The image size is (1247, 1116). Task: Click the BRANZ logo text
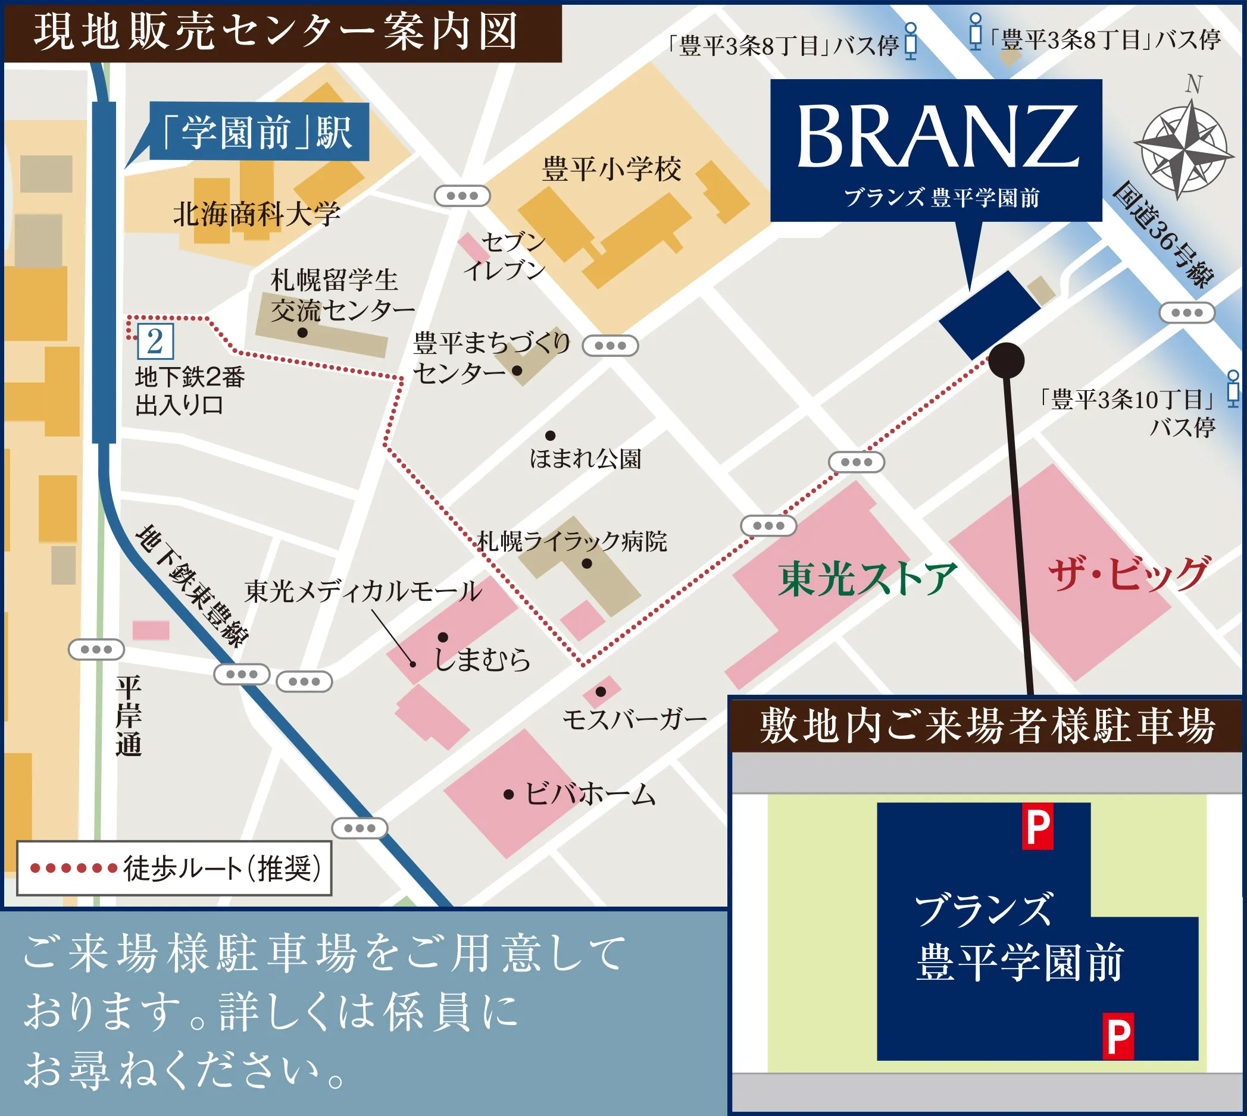[x=937, y=136]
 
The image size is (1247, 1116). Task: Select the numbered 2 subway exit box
[x=155, y=341]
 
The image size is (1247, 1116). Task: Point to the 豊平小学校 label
[x=611, y=169]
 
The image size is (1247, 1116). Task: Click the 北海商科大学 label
[x=257, y=215]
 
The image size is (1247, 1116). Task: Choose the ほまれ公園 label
[x=585, y=459]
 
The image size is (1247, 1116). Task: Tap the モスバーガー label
[x=635, y=719]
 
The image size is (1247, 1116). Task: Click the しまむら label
[x=482, y=659]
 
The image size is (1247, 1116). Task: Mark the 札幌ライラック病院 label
[x=571, y=541]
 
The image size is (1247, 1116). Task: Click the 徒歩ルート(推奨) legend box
[x=174, y=868]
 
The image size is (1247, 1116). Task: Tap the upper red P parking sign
[x=1037, y=826]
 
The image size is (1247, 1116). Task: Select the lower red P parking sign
[x=1118, y=1036]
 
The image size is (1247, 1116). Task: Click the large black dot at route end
[x=1006, y=360]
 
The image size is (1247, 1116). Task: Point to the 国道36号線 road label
[x=1163, y=235]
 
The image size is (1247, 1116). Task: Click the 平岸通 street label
[x=129, y=716]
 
